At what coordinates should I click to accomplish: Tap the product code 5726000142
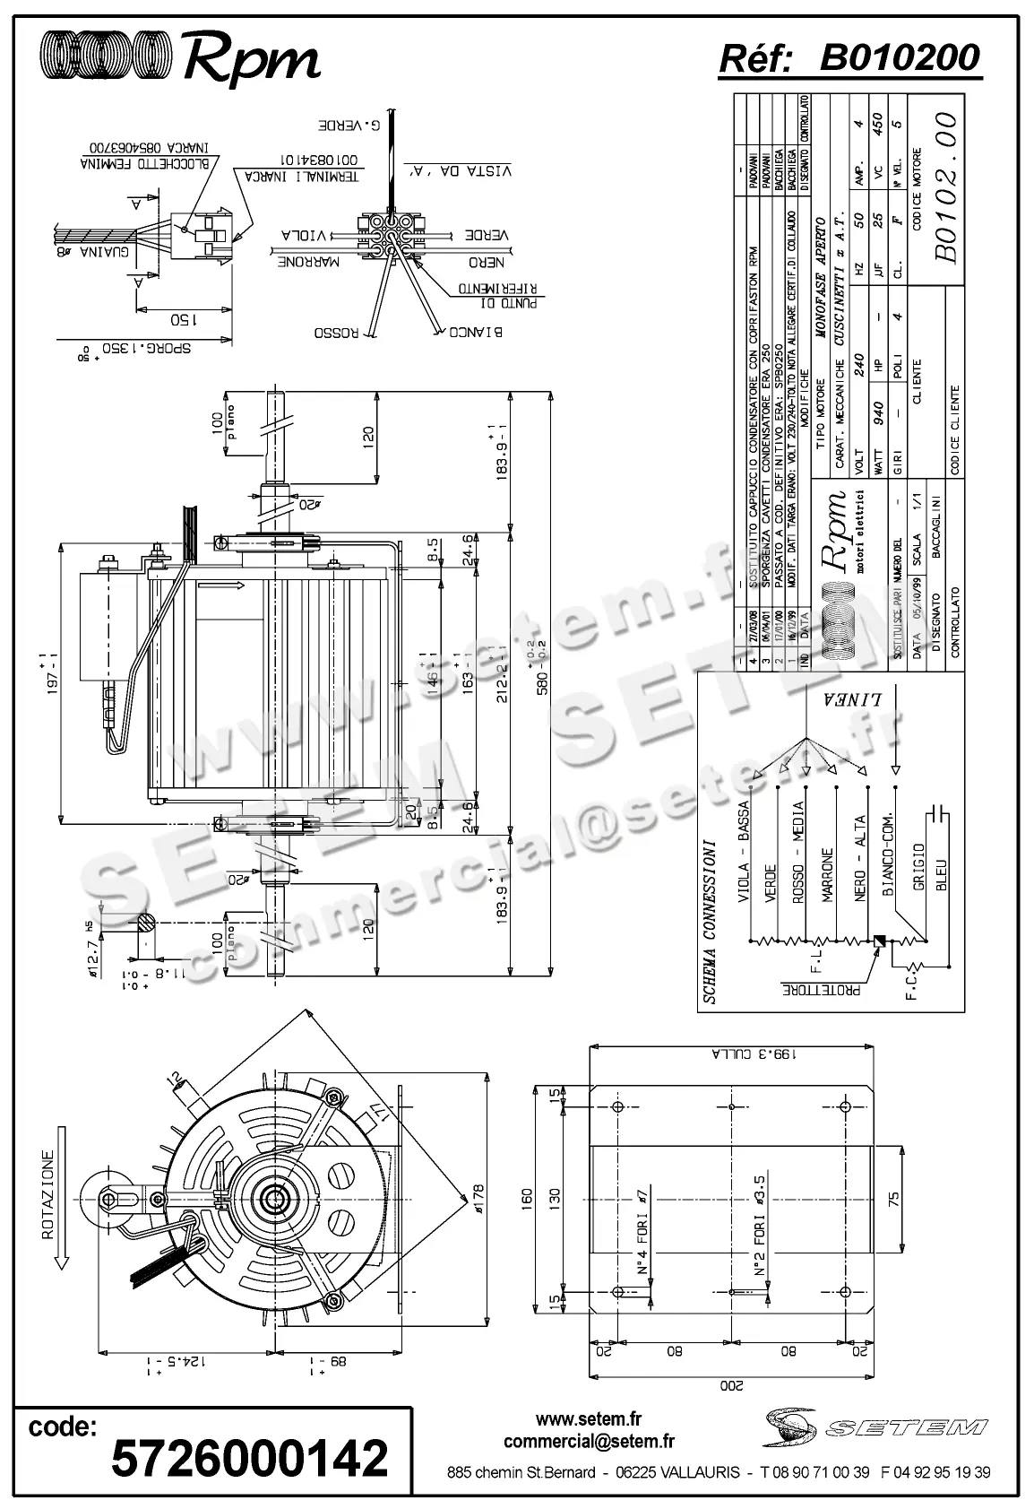pyautogui.click(x=249, y=1457)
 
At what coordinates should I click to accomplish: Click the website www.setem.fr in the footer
pyautogui.click(x=589, y=1419)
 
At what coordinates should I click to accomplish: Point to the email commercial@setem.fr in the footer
pyautogui.click(x=589, y=1442)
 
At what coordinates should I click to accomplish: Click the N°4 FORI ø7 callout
pyautogui.click(x=642, y=1233)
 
